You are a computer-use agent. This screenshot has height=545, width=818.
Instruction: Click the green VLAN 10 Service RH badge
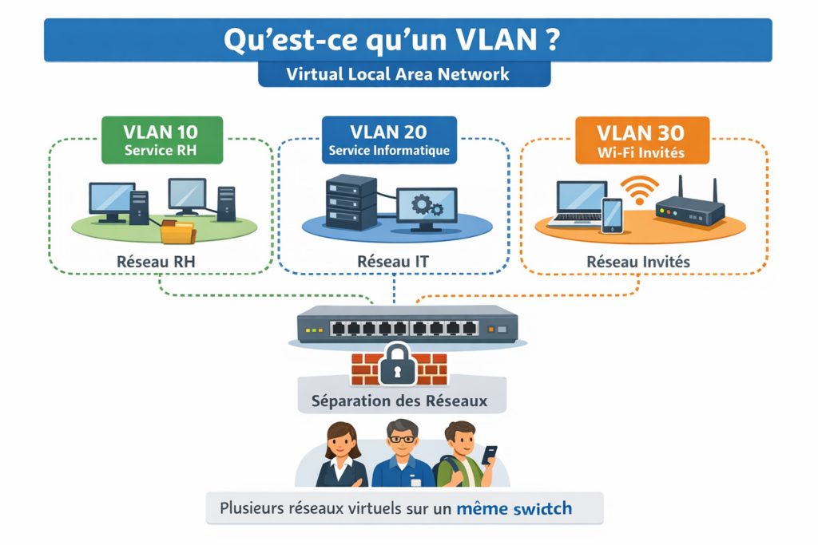click(x=161, y=140)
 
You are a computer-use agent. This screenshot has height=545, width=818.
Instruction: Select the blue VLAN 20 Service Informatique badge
click(x=389, y=140)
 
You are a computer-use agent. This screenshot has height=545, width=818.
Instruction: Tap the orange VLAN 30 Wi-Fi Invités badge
click(x=641, y=140)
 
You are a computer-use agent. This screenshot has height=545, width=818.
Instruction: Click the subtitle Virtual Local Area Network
click(x=404, y=75)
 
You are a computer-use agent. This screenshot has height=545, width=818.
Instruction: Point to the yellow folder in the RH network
click(x=177, y=231)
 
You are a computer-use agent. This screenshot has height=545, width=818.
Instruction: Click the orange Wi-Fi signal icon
click(x=639, y=189)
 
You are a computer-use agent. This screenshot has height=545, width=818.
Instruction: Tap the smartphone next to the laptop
click(x=613, y=215)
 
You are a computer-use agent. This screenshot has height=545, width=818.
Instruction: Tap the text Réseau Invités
click(x=638, y=261)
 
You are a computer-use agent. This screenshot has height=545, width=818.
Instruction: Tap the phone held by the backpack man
click(x=489, y=454)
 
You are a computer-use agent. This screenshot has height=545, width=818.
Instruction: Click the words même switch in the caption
click(x=514, y=507)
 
